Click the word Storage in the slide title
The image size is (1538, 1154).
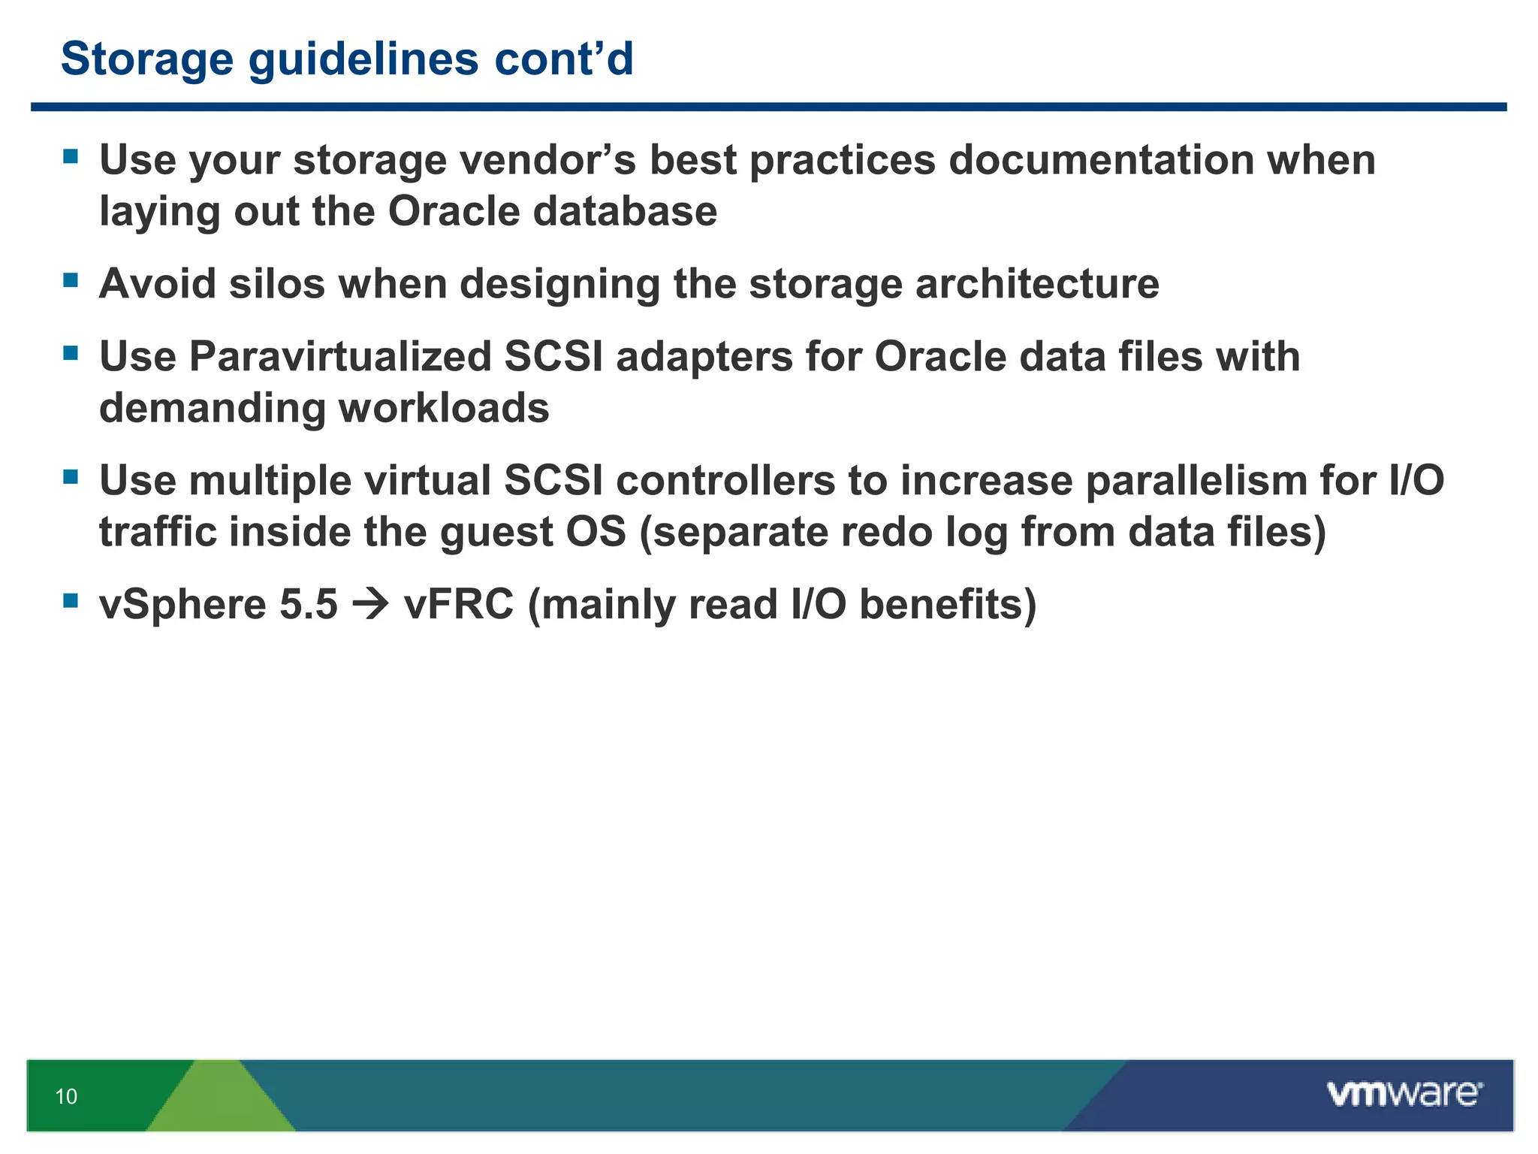click(147, 59)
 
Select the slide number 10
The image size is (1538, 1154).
click(66, 1096)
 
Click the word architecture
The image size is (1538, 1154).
click(1036, 284)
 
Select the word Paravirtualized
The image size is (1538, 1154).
click(339, 356)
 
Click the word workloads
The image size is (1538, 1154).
click(444, 408)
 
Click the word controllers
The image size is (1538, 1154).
click(725, 480)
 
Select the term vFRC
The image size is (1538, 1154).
click(459, 605)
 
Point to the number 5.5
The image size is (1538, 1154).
click(308, 605)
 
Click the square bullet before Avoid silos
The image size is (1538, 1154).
click(71, 281)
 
